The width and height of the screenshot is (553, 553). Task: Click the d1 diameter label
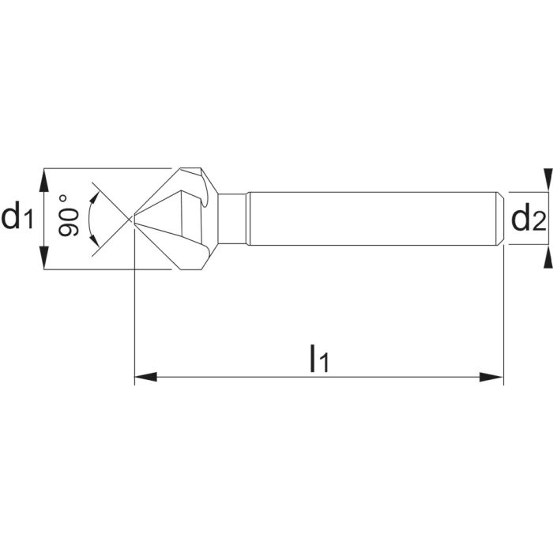point(17,216)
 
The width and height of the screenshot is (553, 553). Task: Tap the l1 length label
point(319,358)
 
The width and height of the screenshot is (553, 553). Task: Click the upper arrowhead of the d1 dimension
point(45,176)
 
